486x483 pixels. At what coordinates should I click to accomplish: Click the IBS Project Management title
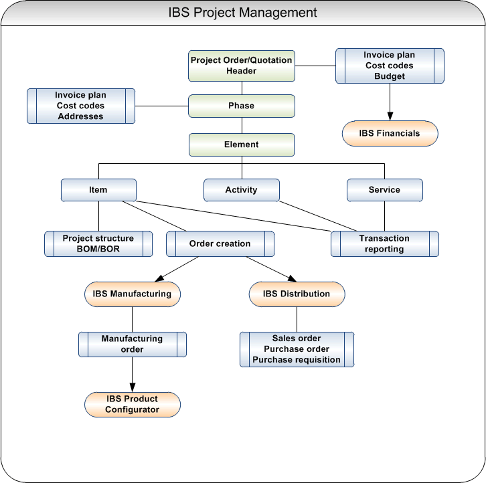point(242,13)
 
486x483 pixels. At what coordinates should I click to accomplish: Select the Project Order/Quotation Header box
point(242,66)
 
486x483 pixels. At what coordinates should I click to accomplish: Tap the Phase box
point(242,106)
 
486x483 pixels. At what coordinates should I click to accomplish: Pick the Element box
point(242,144)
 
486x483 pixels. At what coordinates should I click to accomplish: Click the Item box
point(98,190)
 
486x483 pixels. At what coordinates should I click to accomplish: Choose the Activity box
point(242,190)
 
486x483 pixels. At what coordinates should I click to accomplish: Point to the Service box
point(384,190)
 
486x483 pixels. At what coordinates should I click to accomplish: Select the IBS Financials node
point(390,134)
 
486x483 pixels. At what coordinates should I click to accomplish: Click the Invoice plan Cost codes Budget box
point(390,66)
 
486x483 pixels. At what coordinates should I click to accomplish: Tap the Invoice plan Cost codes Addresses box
point(81,106)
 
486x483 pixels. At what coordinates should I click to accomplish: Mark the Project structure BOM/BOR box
point(98,244)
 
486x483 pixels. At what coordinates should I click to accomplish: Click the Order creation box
point(220,244)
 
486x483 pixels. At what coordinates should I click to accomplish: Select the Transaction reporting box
point(385,244)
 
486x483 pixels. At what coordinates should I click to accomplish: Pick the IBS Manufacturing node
point(132,294)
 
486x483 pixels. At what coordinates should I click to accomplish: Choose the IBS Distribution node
point(297,294)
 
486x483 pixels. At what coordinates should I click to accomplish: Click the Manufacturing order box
point(133,345)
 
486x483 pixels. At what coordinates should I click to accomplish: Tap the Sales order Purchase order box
point(297,349)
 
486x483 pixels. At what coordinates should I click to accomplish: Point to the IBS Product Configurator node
point(133,404)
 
